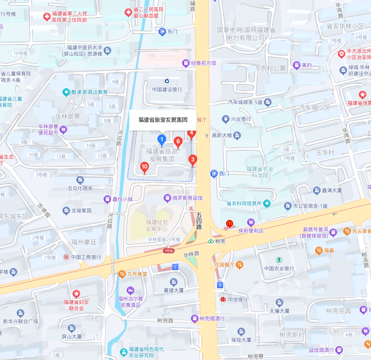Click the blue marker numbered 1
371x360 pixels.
(161, 139)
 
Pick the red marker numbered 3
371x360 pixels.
(193, 160)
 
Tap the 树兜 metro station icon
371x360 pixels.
(210, 241)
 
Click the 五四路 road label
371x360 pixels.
(199, 221)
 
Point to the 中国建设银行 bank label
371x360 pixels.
(167, 89)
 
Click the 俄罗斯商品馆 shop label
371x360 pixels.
(188, 197)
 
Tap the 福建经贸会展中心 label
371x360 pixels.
(157, 226)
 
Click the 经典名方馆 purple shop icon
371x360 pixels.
(185, 63)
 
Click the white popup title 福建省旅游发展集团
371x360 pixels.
(163, 119)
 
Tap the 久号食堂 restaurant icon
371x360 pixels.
(122, 274)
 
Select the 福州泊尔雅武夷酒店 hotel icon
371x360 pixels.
(131, 290)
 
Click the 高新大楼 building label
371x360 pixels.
(222, 135)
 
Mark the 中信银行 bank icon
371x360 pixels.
(222, 300)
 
